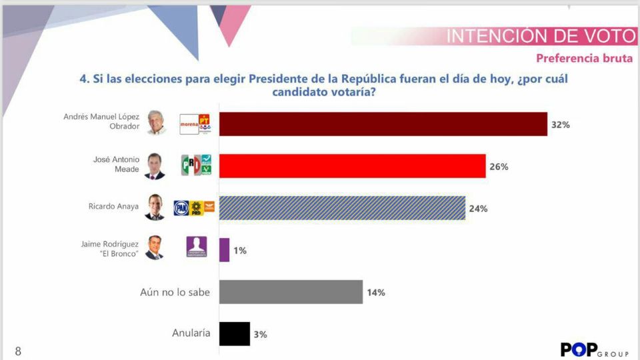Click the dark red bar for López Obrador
383,124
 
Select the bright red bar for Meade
352,166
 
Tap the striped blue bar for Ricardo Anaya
342,208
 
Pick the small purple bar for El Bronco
224,250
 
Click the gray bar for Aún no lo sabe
291,292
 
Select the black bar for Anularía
234,334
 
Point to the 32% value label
560,125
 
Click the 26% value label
499,167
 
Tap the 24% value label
478,209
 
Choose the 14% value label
375,293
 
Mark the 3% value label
260,335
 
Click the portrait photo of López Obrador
155,123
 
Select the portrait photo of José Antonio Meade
155,166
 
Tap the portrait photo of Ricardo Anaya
155,208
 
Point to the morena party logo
189,124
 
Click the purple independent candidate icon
197,247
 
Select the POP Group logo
593,350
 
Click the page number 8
18,351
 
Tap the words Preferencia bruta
584,58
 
